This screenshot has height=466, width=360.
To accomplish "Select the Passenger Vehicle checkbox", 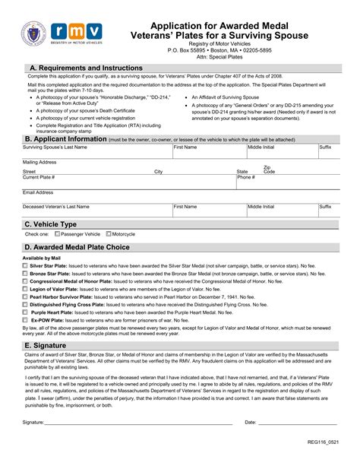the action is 57,234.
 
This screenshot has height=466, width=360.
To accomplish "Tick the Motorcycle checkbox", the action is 109,234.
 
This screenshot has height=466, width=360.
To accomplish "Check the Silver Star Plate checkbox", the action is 25,266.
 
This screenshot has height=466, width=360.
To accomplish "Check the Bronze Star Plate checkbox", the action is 25,274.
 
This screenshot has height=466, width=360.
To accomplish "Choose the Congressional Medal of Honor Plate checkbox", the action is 25,281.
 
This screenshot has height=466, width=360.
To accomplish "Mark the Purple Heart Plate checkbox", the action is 25,312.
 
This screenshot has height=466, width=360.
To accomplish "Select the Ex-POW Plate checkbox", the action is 25,320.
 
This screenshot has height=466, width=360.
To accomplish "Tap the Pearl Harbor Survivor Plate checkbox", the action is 25,297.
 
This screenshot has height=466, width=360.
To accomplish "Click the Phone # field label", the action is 246,177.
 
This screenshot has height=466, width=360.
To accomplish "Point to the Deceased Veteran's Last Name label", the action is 56,207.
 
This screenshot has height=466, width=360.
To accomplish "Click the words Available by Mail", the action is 40,258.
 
